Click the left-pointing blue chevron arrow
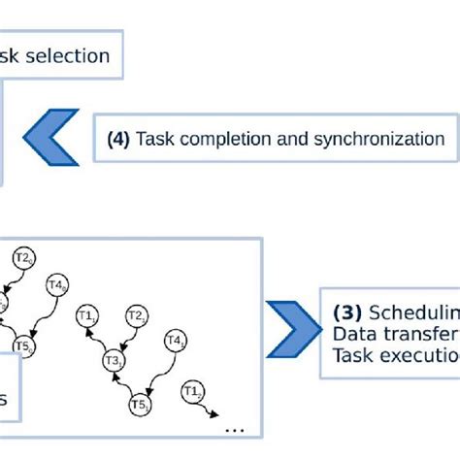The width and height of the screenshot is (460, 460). point(49,139)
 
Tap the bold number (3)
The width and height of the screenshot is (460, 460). point(346,313)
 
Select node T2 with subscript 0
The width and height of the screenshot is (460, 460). point(24,258)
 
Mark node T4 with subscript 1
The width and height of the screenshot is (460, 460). point(176,341)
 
